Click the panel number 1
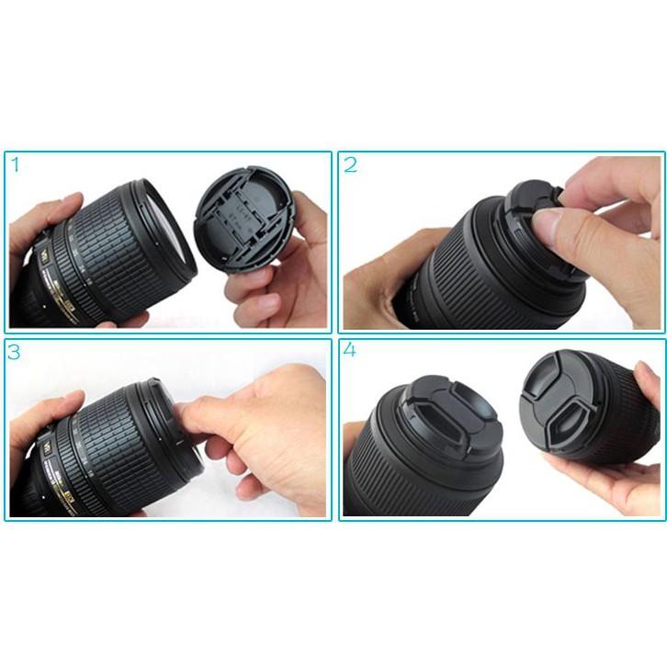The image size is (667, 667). tap(16, 164)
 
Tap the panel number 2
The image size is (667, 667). tap(350, 165)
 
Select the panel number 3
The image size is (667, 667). tap(17, 353)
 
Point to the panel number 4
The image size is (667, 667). tap(350, 353)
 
